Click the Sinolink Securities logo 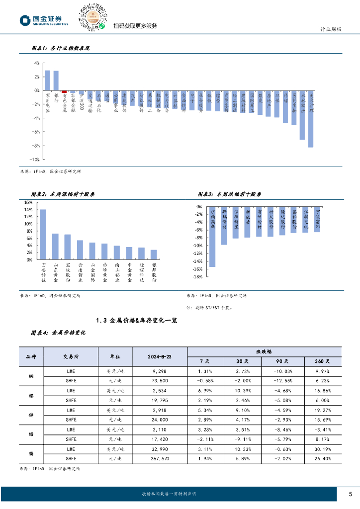[44, 20]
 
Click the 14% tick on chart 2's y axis [28, 210]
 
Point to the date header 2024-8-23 [160, 356]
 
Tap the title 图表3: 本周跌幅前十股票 [229, 194]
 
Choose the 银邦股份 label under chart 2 [154, 272]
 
